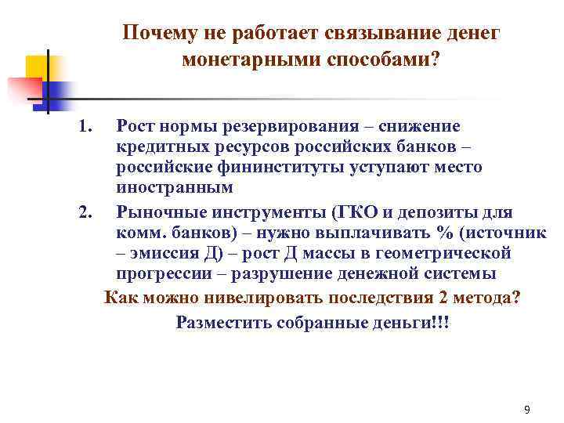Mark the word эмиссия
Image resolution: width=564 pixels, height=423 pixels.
click(166, 252)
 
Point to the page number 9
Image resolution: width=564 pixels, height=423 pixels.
click(526, 410)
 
